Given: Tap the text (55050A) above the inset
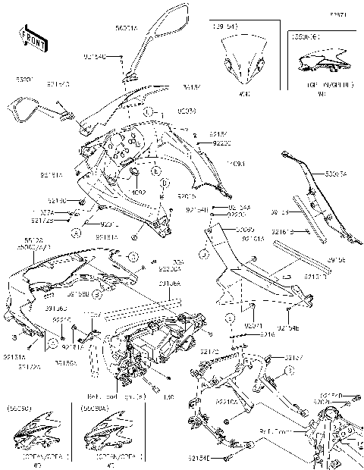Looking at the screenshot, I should [x=93, y=408].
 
